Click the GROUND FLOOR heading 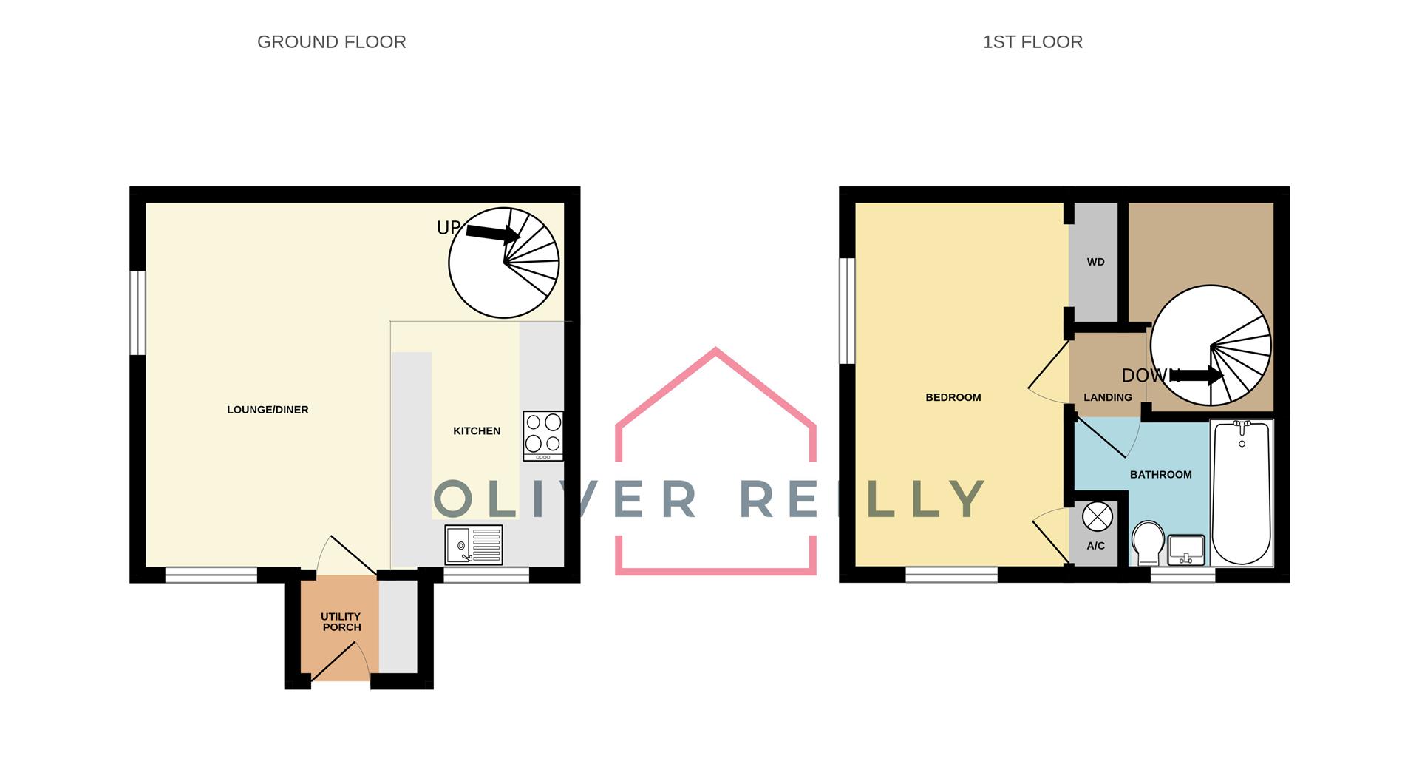tap(331, 42)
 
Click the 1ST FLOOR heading tap(1032, 42)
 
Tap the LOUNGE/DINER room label tap(268, 410)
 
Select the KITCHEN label tap(477, 430)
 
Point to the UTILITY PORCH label tap(341, 621)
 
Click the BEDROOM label tap(953, 397)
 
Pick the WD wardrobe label tap(1095, 262)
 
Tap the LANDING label tap(1107, 397)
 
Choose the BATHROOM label tap(1160, 475)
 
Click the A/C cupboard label tap(1095, 546)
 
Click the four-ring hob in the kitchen tap(543, 435)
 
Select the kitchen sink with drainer tap(474, 544)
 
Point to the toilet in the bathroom tap(1148, 542)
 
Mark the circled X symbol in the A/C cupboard tap(1097, 516)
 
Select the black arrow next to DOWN tap(1197, 375)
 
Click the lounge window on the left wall tap(137, 313)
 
